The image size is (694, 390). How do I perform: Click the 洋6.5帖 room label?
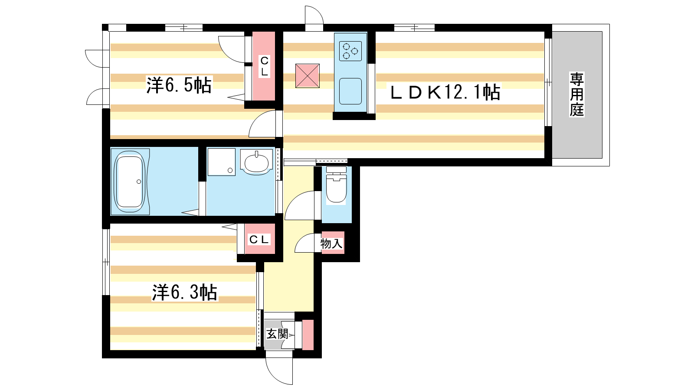(x=179, y=85)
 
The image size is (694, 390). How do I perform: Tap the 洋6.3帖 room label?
(x=184, y=292)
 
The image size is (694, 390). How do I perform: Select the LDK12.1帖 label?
(x=445, y=92)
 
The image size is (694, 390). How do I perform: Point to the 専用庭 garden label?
(x=576, y=94)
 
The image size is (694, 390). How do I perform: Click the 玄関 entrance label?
(x=277, y=334)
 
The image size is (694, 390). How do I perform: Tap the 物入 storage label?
(x=331, y=244)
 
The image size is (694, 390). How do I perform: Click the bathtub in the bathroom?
(x=130, y=182)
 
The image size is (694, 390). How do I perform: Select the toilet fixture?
(x=336, y=185)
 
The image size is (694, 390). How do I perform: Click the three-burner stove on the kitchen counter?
(x=350, y=51)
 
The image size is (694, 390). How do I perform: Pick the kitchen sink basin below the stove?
(x=350, y=91)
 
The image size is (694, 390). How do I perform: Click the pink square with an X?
(x=308, y=76)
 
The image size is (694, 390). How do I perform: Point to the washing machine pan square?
(x=222, y=162)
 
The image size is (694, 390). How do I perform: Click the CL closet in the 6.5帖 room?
(x=264, y=66)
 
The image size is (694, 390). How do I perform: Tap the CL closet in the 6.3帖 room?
(x=260, y=239)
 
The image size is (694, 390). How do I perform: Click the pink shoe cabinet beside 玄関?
(x=308, y=335)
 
